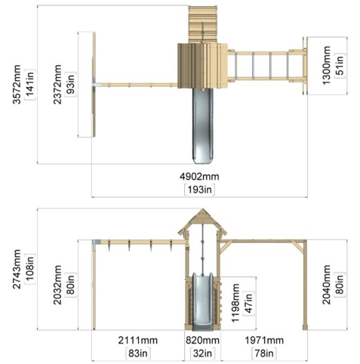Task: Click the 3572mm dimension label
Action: pos(17,85)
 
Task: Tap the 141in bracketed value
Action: pos(30,85)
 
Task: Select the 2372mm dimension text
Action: pos(57,85)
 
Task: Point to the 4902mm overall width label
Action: pos(199,176)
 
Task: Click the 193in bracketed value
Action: pos(200,190)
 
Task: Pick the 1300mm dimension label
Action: pos(326,66)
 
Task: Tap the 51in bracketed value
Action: pos(340,64)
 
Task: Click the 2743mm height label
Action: pos(17,269)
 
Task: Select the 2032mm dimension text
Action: pos(57,285)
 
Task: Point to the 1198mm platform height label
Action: pos(235,303)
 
